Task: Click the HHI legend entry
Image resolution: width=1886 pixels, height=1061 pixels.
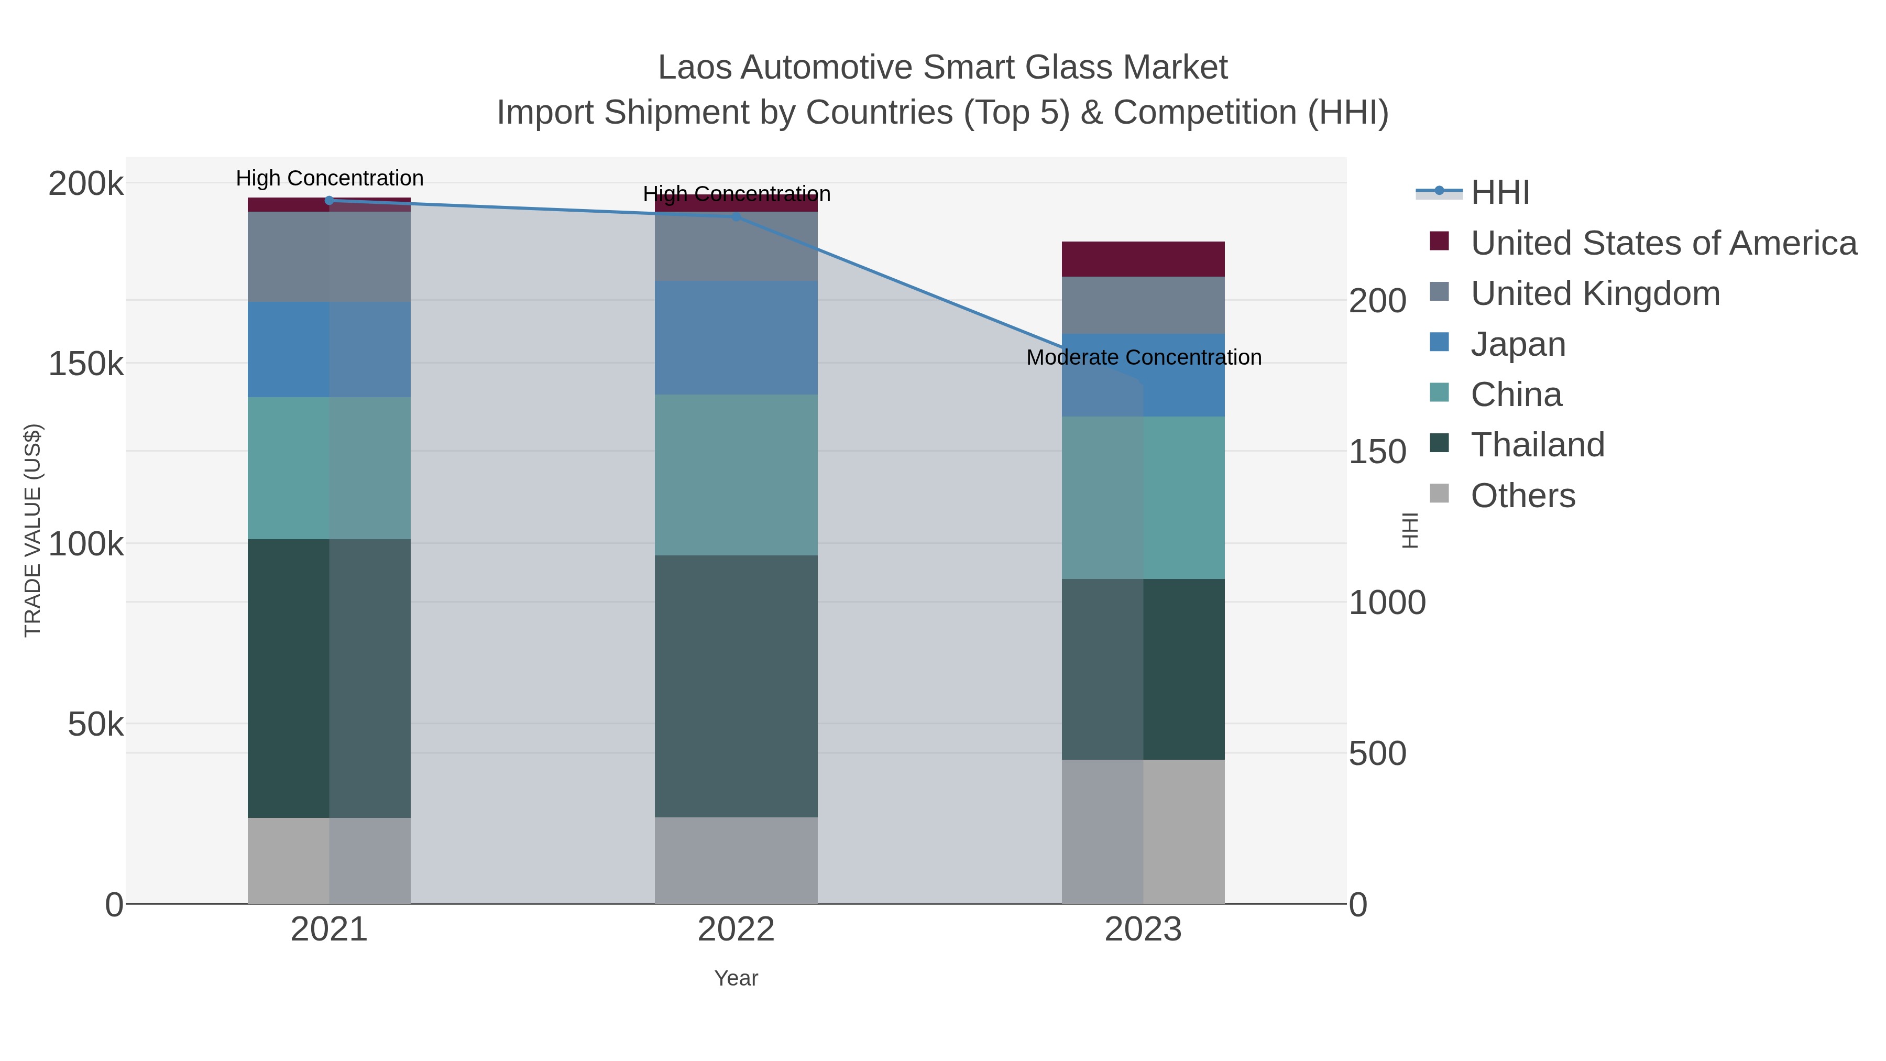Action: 1499,193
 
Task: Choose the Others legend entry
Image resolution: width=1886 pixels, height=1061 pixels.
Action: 1523,496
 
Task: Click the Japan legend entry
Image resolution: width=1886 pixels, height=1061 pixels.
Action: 1518,344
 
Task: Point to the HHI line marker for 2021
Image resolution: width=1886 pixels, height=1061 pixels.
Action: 330,201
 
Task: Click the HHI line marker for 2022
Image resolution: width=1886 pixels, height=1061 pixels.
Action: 737,217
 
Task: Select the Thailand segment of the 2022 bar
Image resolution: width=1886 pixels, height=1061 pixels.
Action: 736,686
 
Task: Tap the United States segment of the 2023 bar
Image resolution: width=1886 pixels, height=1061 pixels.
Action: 1143,258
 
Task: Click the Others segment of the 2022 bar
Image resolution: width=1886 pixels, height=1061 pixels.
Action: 736,860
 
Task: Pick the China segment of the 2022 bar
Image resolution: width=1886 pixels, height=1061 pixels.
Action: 736,475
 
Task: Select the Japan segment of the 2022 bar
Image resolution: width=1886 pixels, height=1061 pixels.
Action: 736,337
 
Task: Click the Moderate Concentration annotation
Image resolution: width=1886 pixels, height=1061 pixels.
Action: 1144,357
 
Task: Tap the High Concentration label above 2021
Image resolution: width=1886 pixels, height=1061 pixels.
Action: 330,178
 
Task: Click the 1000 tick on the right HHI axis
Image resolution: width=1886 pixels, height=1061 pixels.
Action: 1387,603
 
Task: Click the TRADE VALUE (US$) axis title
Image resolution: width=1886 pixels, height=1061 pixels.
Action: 33,530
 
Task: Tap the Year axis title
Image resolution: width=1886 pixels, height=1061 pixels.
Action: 736,978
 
